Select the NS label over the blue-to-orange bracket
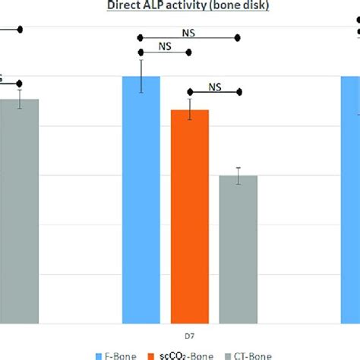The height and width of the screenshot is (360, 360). click(165, 46)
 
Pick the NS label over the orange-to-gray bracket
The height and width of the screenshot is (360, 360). click(214, 86)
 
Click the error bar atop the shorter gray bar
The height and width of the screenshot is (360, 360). click(238, 175)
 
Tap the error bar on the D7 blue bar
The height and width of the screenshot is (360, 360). click(141, 75)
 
